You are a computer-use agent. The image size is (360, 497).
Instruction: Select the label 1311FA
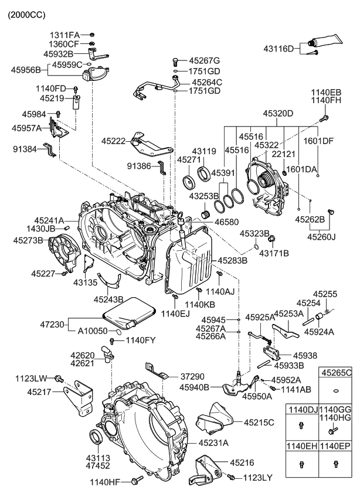pos(64,35)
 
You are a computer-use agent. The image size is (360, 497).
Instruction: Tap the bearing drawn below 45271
pos(192,182)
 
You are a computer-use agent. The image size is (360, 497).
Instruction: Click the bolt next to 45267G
pos(176,60)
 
